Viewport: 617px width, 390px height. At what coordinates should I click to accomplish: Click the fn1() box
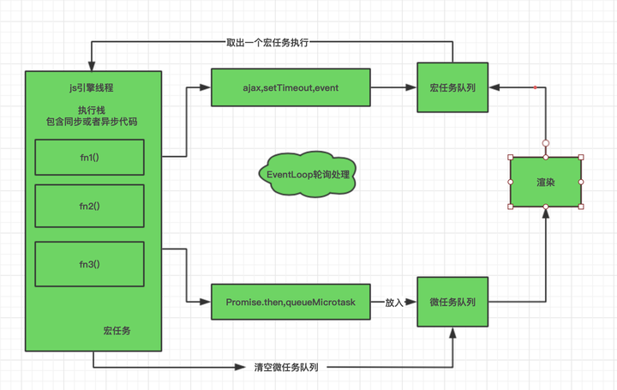[x=89, y=158]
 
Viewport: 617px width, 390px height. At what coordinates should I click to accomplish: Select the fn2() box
[x=89, y=206]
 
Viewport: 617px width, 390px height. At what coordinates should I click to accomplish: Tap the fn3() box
[x=89, y=264]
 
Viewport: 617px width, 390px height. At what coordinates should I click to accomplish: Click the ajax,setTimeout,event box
[x=291, y=87]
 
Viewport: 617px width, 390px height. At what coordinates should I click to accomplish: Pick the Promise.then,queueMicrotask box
[x=291, y=302]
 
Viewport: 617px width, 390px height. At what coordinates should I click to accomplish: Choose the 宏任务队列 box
[x=452, y=87]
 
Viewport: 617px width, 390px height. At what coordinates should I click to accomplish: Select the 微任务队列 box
[x=452, y=302]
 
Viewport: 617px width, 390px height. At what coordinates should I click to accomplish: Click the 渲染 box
[x=546, y=182]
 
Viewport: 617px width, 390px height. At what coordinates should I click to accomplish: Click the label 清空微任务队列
[x=286, y=367]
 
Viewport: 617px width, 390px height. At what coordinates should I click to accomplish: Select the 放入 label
[x=394, y=302]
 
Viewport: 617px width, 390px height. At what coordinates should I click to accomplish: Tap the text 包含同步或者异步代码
[x=92, y=122]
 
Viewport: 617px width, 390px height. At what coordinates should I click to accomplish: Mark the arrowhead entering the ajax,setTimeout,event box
[x=207, y=87]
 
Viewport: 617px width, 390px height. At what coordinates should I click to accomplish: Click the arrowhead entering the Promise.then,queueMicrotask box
[x=207, y=302]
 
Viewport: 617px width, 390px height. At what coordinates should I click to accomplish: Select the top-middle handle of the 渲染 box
[x=546, y=157]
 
